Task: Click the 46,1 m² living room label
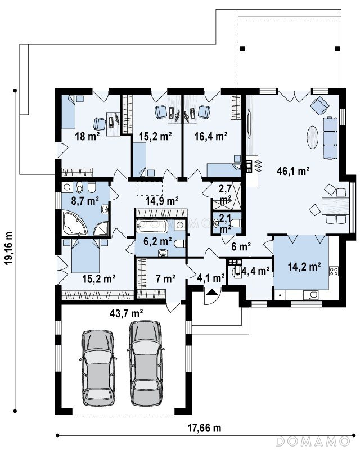coord(293,172)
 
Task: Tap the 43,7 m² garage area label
coord(127,313)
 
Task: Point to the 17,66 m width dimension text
coord(204,428)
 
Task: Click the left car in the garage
coord(98,368)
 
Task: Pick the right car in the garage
coord(146,363)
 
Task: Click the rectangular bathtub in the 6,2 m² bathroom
coord(152,226)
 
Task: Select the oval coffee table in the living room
coord(312,137)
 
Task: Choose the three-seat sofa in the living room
coord(330,138)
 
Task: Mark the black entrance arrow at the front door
coord(212,292)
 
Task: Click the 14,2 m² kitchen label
coord(304,267)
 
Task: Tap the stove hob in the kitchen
coord(334,271)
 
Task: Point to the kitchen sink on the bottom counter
coord(310,295)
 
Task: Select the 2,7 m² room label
coord(226,194)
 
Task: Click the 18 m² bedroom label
coord(87,136)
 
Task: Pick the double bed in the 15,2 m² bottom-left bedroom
coord(85,256)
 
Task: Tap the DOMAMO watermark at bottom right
coord(312,440)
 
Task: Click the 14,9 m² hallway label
coord(162,201)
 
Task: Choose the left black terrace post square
coord(242,48)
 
